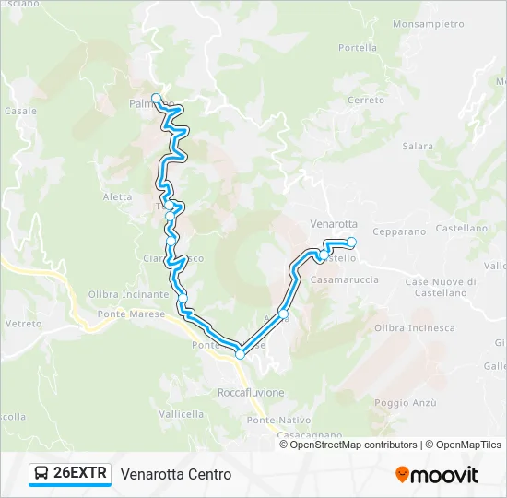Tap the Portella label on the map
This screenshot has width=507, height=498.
pos(358,48)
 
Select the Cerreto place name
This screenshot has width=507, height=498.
pos(366,100)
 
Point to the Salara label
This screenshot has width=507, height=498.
pos(418,146)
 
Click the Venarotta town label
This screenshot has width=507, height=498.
pos(334,223)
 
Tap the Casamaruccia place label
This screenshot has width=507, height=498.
pos(345,279)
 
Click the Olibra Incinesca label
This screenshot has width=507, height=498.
pos(415,327)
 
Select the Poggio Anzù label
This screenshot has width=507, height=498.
pos(405,402)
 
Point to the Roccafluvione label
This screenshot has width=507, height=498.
pos(251,392)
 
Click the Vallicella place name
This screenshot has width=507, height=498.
pos(181,414)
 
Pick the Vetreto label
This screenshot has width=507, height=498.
pos(24,324)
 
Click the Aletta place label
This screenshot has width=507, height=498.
pos(118,196)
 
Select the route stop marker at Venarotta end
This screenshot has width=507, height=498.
pos(351,242)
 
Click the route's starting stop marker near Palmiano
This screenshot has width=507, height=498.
pos(157,98)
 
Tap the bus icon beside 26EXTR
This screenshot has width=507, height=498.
pos(41,474)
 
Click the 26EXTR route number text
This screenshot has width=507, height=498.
pos(81,474)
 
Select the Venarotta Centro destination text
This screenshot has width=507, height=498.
pos(176,474)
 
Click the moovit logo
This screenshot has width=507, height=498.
pos(437,475)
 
